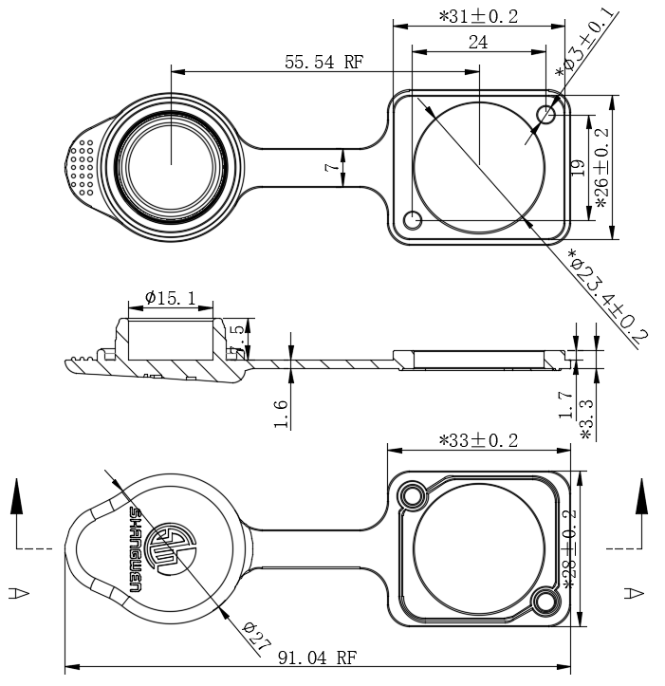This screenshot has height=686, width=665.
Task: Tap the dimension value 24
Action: pyautogui.click(x=478, y=42)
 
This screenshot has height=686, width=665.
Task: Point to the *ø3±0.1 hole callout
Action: pyautogui.click(x=585, y=44)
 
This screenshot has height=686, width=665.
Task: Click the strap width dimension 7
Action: pyautogui.click(x=331, y=167)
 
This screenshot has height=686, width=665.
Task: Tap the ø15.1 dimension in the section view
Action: pyautogui.click(x=171, y=298)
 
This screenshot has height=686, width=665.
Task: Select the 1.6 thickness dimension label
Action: pyautogui.click(x=280, y=414)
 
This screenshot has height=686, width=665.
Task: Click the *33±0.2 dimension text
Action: pyautogui.click(x=479, y=440)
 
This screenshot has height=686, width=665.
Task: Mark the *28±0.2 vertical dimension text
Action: pyautogui.click(x=569, y=549)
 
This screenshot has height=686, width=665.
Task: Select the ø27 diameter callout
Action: pyautogui.click(x=251, y=635)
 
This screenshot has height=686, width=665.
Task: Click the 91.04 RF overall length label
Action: pyautogui.click(x=317, y=658)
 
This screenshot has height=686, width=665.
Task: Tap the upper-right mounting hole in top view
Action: pyautogui.click(x=545, y=116)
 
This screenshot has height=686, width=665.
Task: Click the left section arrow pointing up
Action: pyautogui.click(x=17, y=497)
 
